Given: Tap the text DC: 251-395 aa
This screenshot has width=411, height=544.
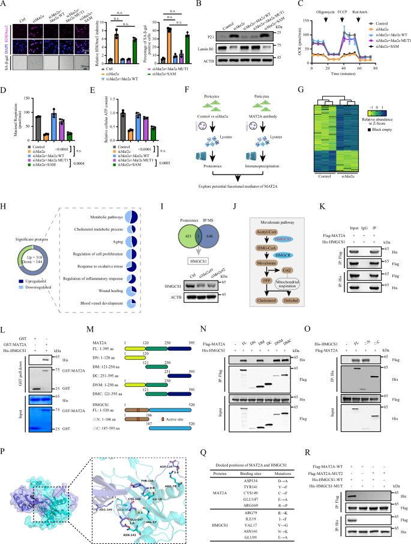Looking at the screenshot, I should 106,361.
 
